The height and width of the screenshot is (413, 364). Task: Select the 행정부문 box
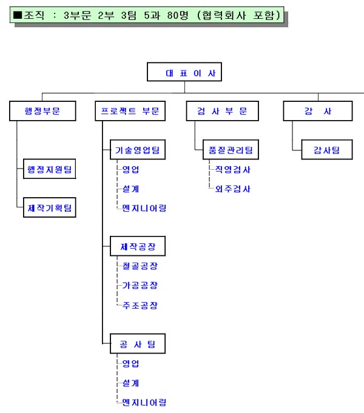pos(42,111)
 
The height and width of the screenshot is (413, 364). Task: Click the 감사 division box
pos(318,111)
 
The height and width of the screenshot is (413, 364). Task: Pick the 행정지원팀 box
pos(50,169)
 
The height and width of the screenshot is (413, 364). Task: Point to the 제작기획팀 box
pos(50,207)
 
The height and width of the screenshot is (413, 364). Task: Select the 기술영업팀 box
pos(137,150)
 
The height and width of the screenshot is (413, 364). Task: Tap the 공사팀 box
pos(137,344)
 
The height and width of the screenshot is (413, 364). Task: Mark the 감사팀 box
pos(326,150)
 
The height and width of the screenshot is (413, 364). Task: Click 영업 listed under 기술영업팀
pos(131,170)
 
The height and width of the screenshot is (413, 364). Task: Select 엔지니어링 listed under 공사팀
pos(144,403)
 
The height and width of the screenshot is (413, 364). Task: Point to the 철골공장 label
pos(140,266)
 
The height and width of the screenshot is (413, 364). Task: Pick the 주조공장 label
pos(140,304)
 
